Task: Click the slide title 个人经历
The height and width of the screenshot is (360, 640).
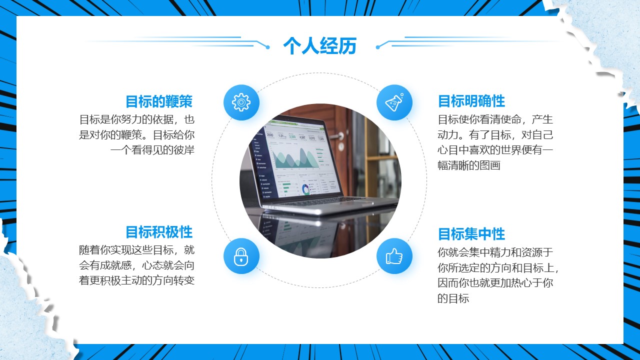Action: point(319,45)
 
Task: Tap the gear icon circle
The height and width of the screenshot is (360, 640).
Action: point(241,102)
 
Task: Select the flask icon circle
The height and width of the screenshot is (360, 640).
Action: point(394,102)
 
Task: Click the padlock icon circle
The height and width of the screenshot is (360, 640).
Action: point(241,256)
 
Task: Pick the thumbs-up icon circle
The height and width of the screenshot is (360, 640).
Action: point(394,256)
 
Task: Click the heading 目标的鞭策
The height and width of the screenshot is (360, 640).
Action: point(159,101)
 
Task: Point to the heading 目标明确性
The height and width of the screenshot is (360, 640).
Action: point(471,101)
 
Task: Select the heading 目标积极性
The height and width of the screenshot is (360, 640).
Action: point(159,232)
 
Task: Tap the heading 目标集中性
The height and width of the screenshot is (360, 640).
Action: point(471,234)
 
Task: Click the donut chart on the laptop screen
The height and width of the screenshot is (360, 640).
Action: point(305,189)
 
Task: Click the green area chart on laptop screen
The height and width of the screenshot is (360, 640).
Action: point(295,159)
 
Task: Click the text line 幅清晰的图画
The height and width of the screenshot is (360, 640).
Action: point(469,165)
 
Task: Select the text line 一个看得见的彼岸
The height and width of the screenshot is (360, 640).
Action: point(152,150)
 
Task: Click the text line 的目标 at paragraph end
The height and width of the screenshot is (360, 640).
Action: point(453,298)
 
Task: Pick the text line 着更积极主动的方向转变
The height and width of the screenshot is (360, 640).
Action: point(136,280)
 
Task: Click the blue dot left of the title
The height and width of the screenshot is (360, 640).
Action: point(267,47)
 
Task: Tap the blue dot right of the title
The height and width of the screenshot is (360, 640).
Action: point(377,47)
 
